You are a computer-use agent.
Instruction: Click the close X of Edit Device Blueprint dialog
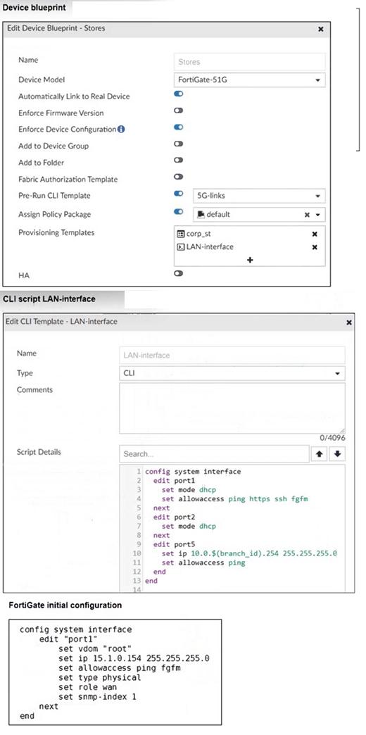(x=320, y=29)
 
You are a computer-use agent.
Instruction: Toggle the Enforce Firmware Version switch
(x=178, y=111)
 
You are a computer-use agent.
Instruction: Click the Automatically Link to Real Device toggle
(x=178, y=94)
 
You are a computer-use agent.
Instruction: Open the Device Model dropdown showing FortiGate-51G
(x=250, y=80)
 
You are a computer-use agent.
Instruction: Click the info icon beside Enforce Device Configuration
(x=121, y=129)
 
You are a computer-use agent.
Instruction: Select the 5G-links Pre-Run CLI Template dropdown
(x=259, y=196)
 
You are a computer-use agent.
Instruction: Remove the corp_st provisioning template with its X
(x=315, y=234)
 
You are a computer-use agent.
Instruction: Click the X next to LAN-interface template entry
(x=315, y=247)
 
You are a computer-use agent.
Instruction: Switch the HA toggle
(x=178, y=273)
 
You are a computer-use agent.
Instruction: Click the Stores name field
(x=250, y=62)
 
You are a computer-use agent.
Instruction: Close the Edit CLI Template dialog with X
(x=348, y=322)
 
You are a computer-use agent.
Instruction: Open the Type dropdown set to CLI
(x=232, y=373)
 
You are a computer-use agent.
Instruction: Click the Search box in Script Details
(x=214, y=454)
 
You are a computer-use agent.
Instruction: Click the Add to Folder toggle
(x=178, y=161)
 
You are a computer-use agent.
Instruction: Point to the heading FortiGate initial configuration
(x=65, y=605)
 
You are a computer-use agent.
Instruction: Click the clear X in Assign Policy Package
(x=307, y=215)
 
